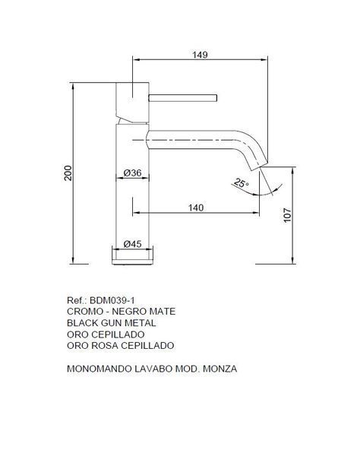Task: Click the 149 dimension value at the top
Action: [200, 55]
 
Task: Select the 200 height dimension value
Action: [68, 173]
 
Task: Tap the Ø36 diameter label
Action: [132, 173]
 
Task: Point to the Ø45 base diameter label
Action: [132, 244]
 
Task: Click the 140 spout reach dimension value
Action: [196, 207]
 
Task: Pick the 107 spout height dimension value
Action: [287, 215]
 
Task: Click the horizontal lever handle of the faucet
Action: [183, 98]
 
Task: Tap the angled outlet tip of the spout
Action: [260, 166]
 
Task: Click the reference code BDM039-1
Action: [112, 300]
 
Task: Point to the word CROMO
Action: [85, 312]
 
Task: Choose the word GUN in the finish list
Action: [112, 323]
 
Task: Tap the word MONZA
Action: [220, 369]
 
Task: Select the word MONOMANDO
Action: [99, 369]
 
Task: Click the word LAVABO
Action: [153, 369]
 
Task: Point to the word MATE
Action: [163, 312]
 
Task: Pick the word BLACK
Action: [83, 323]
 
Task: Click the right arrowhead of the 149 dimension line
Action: [264, 59]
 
